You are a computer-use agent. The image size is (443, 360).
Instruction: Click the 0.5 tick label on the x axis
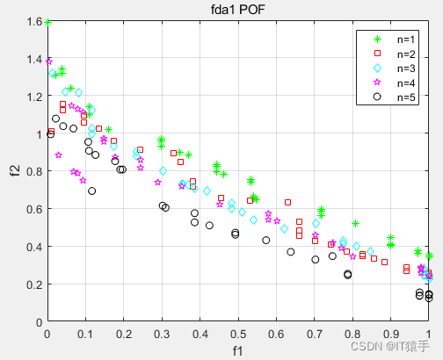coord(238,334)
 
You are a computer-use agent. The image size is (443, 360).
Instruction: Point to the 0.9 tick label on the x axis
coord(391,334)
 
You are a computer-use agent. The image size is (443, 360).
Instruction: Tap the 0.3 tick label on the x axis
coord(162,334)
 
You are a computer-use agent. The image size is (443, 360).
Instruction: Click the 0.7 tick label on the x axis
coord(315,334)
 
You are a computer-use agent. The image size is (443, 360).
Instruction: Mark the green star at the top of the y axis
coord(47,22)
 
